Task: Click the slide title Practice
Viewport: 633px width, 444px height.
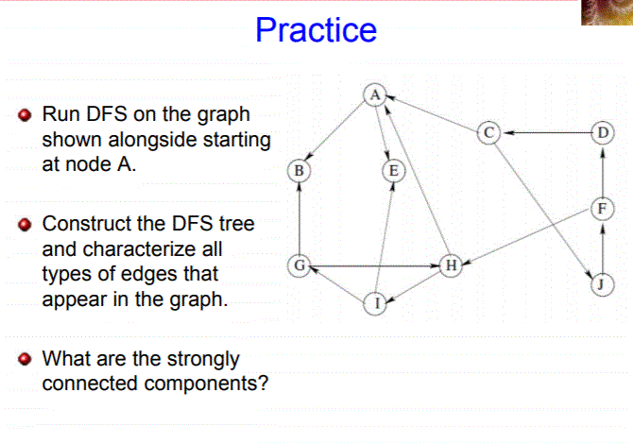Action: coord(316,30)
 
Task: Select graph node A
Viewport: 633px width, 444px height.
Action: coord(375,94)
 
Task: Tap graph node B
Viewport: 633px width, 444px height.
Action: coord(299,171)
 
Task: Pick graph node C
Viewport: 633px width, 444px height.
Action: coord(488,132)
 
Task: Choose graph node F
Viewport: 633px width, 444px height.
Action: coord(603,208)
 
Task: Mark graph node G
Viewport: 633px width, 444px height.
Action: coord(299,266)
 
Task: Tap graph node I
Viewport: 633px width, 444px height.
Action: coord(375,303)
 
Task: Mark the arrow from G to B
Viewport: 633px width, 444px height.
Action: coord(299,218)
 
